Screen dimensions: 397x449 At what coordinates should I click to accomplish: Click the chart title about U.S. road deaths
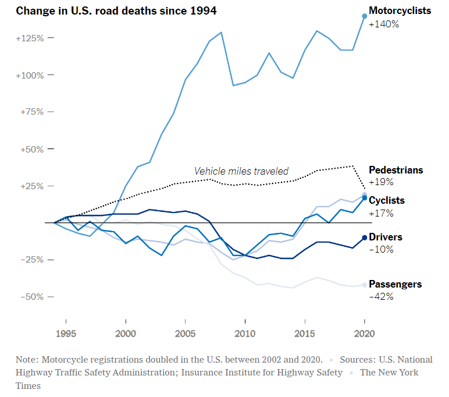point(109,11)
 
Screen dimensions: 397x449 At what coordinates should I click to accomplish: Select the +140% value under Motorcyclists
point(384,24)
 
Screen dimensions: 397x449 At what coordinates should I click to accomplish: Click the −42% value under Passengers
point(381,296)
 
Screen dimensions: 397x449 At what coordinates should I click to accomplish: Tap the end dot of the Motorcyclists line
point(365,16)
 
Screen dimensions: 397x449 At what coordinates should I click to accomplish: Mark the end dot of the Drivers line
point(365,238)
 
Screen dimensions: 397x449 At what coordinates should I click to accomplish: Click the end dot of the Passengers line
point(365,285)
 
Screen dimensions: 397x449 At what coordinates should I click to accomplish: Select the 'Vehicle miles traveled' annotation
point(241,171)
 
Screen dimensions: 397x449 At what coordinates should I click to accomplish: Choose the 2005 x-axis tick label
point(185,334)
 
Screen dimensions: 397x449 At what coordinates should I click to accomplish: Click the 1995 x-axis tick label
point(66,334)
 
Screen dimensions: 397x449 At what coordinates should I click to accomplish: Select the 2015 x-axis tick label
point(304,334)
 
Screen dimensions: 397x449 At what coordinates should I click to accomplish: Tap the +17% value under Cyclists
point(381,213)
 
